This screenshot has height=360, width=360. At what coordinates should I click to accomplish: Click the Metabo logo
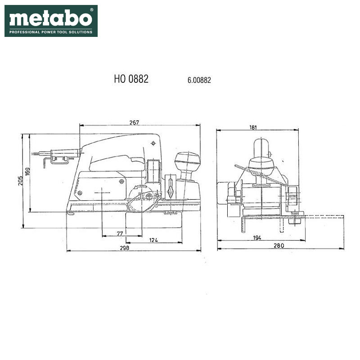click(x=51, y=21)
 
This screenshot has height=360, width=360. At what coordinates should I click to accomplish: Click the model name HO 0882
click(x=131, y=79)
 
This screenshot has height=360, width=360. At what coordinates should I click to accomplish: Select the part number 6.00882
click(x=199, y=80)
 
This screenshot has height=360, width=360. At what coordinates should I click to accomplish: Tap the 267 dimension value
click(x=134, y=122)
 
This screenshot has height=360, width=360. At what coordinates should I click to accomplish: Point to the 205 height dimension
click(x=21, y=181)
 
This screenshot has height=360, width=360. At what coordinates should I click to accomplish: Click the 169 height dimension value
click(x=27, y=172)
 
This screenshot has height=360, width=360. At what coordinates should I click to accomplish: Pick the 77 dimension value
click(x=120, y=234)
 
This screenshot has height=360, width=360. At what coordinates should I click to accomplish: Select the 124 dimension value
click(x=153, y=240)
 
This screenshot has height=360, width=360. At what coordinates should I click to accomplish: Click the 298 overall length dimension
click(x=125, y=248)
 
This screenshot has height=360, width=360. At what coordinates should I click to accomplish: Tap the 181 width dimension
click(x=253, y=127)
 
